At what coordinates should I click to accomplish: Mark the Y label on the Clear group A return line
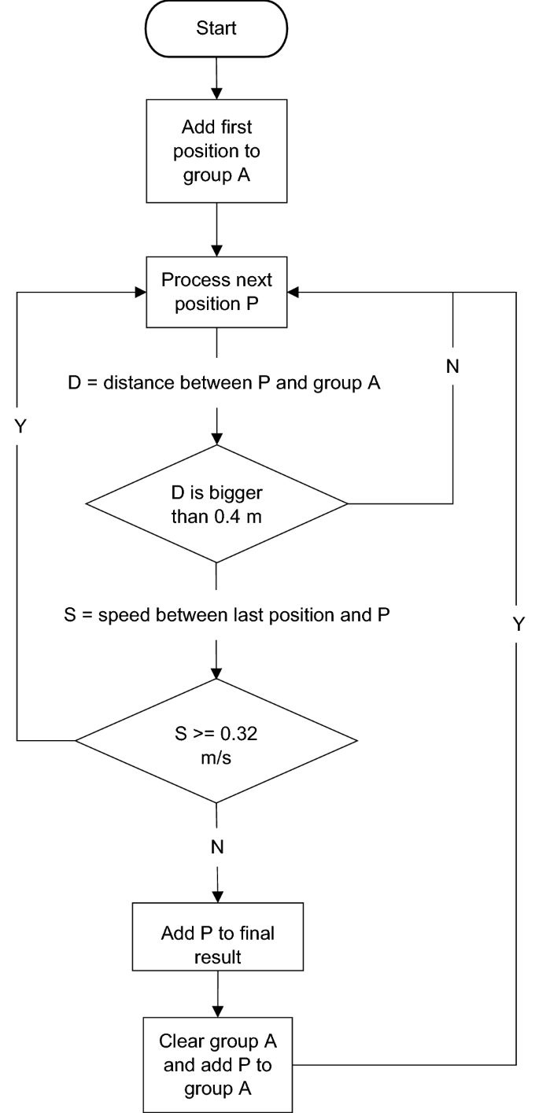[517, 624]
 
